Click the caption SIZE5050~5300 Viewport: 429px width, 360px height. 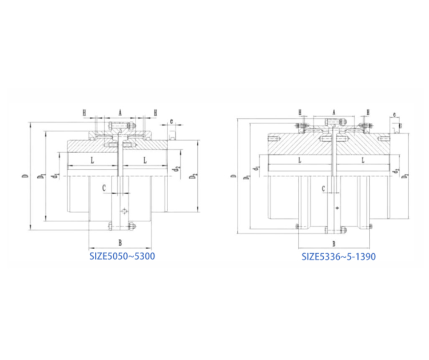pyautogui.click(x=122, y=256)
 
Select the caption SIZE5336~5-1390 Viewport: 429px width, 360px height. pyautogui.click(x=339, y=257)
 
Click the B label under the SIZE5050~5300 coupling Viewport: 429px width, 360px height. pyautogui.click(x=120, y=243)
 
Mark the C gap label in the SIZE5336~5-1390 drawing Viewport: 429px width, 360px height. pyautogui.click(x=323, y=188)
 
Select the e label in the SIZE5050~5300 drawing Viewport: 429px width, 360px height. pyautogui.click(x=172, y=121)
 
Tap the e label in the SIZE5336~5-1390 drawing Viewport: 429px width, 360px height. pyautogui.click(x=395, y=116)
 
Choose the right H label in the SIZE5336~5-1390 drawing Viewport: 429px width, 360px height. pyautogui.click(x=368, y=112)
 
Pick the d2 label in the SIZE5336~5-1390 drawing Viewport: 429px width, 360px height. pyautogui.click(x=395, y=169)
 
